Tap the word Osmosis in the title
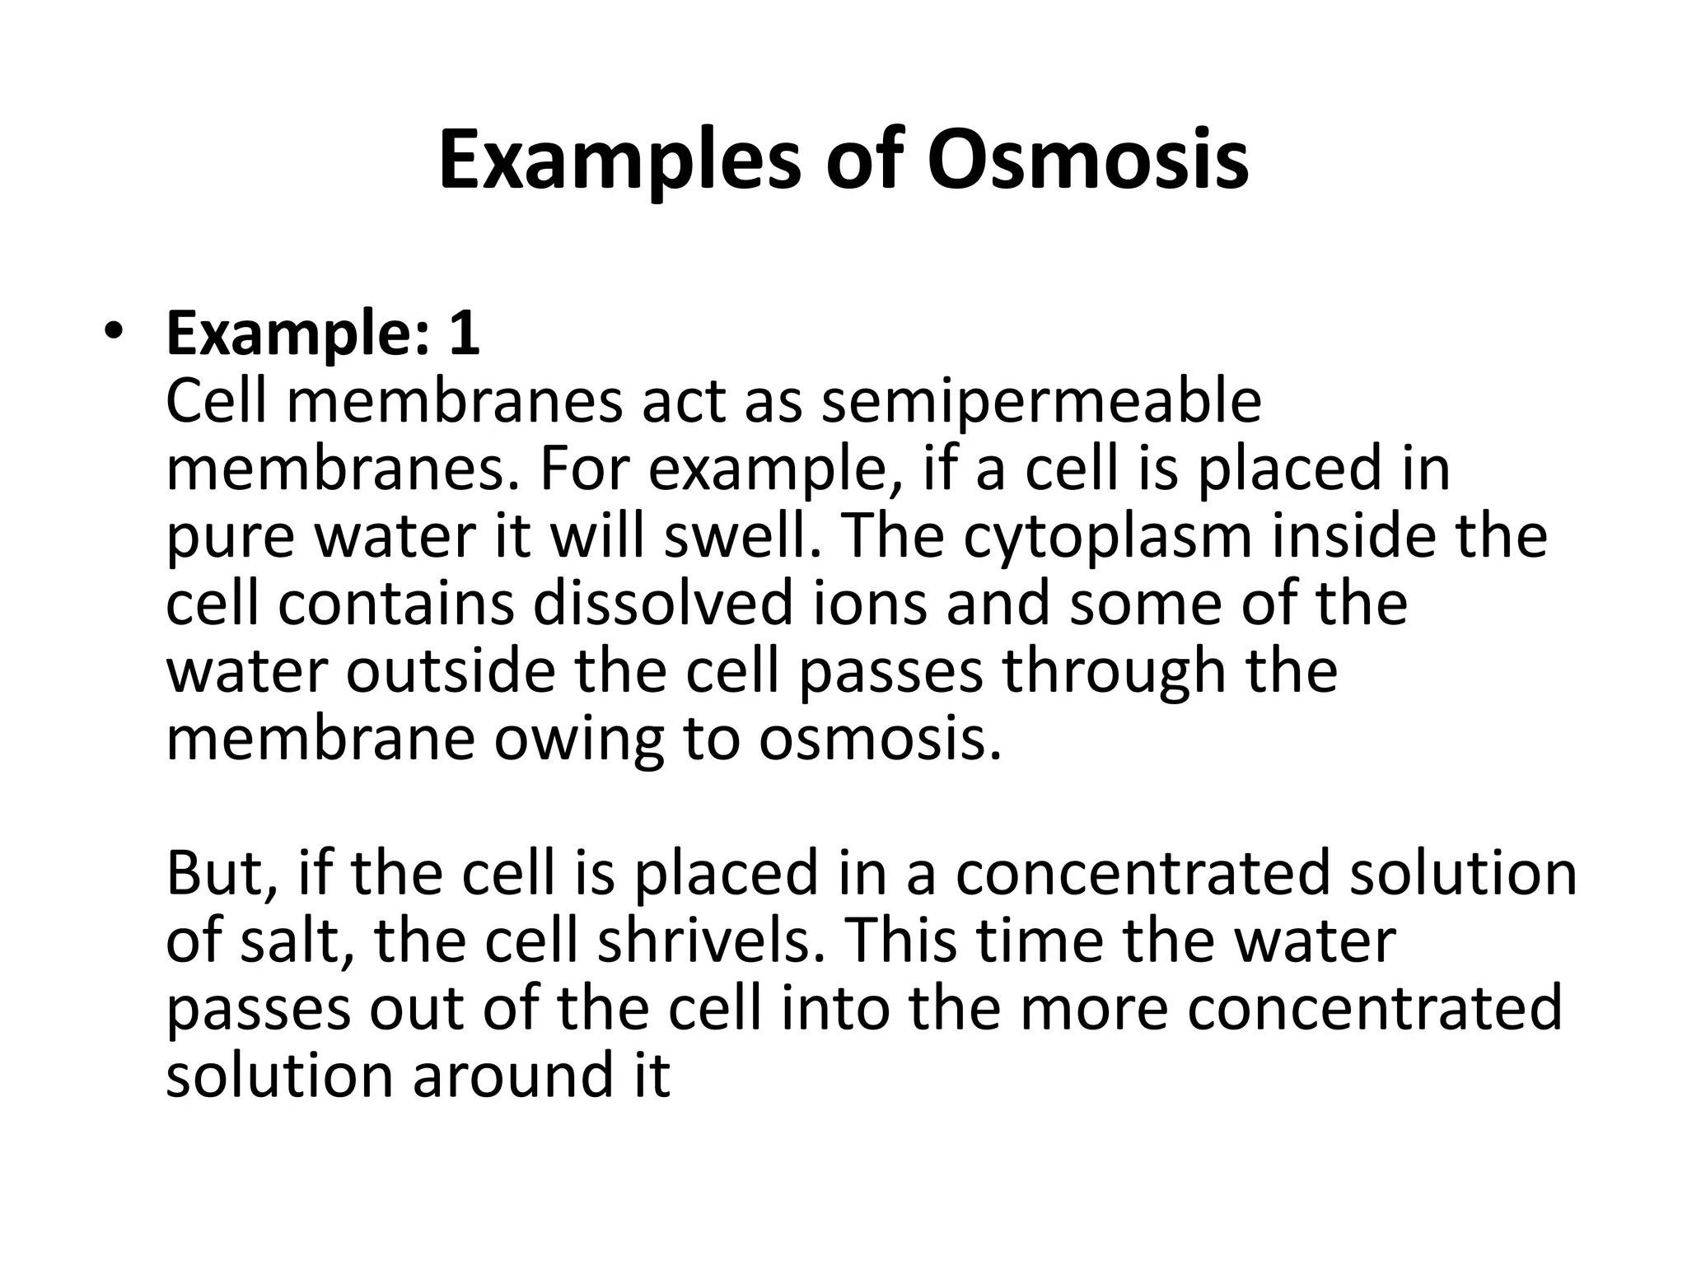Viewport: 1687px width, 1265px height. point(1087,161)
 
